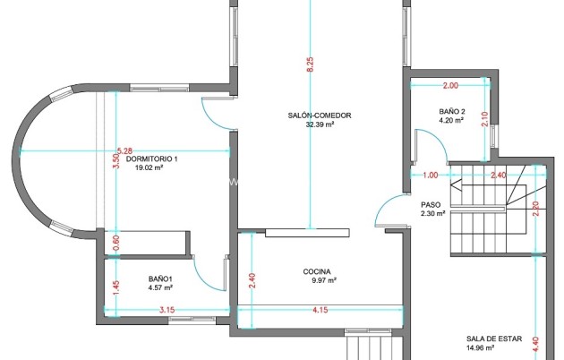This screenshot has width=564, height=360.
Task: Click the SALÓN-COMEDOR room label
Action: click(320, 116)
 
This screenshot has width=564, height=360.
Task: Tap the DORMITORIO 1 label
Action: click(152, 159)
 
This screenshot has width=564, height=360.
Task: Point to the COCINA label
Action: click(317, 271)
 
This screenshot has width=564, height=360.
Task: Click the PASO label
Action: click(431, 205)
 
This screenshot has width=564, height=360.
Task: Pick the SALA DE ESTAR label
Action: click(494, 339)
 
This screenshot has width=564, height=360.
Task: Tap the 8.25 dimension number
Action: click(310, 64)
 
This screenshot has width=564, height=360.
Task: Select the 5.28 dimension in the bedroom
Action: click(124, 151)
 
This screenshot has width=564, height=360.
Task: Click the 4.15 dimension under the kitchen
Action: click(320, 310)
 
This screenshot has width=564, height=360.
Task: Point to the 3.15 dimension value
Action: click(167, 310)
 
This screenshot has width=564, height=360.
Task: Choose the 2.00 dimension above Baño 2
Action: click(450, 86)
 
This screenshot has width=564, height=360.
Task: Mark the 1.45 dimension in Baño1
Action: click(115, 287)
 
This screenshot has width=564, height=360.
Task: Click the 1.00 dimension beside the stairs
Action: click(431, 176)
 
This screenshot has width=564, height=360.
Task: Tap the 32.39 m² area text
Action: click(320, 124)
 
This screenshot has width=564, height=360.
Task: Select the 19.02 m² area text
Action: click(149, 167)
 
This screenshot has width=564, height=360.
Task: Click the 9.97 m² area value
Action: click(324, 280)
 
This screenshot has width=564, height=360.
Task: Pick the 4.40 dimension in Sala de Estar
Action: click(536, 344)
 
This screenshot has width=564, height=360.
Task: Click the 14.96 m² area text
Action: click(480, 347)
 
